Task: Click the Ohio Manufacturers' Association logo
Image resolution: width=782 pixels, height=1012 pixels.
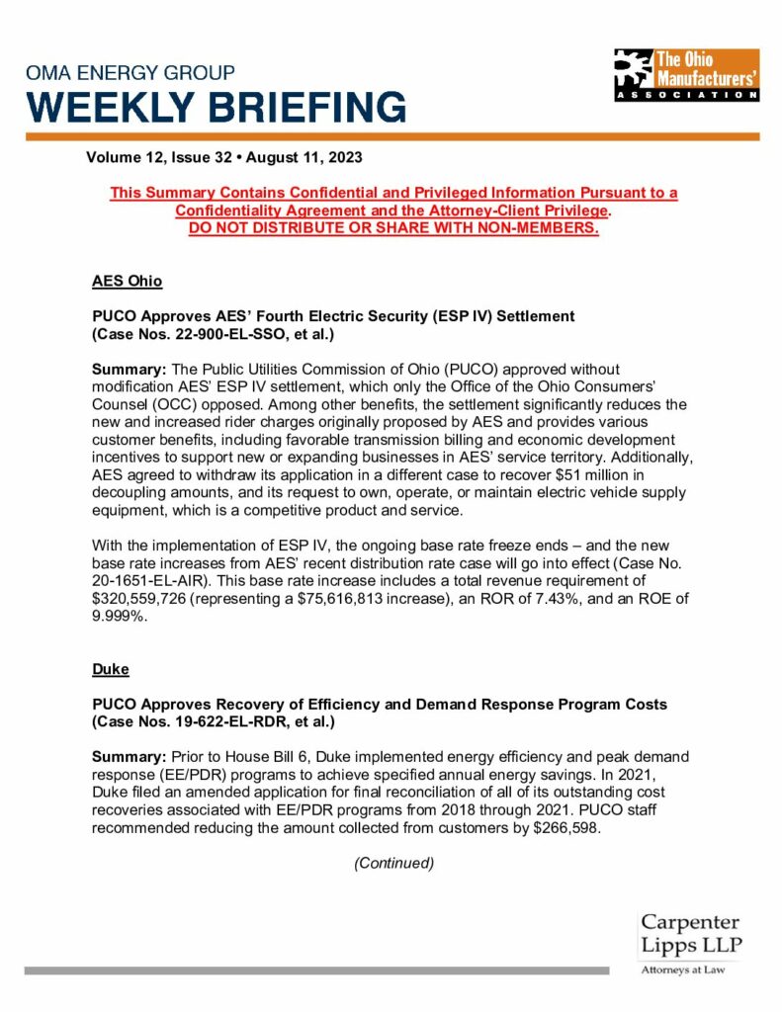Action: (685, 74)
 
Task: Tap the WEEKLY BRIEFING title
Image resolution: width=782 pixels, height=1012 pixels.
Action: (216, 106)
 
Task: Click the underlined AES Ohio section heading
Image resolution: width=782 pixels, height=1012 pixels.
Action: (127, 281)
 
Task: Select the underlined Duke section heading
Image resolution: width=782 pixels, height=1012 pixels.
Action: (110, 669)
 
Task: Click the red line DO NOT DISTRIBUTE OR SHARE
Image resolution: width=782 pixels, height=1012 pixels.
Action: (393, 229)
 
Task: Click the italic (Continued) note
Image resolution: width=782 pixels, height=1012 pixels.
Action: (393, 863)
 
